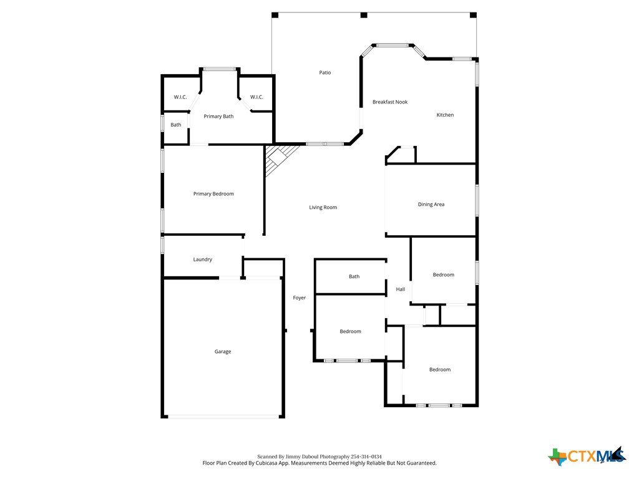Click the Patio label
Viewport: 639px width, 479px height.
pyautogui.click(x=324, y=72)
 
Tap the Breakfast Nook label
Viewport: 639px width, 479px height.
pyautogui.click(x=390, y=102)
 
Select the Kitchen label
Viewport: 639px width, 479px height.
pyautogui.click(x=445, y=115)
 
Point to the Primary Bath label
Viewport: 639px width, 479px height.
pyautogui.click(x=218, y=117)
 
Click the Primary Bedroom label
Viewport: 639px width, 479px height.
pyautogui.click(x=213, y=194)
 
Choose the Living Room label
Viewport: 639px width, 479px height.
pyautogui.click(x=323, y=207)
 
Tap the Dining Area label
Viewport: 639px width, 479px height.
pyautogui.click(x=431, y=205)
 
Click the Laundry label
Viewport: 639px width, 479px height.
pyautogui.click(x=203, y=259)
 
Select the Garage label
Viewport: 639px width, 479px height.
pyautogui.click(x=223, y=352)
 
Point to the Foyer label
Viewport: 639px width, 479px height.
pyautogui.click(x=299, y=298)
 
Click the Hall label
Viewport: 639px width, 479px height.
pyautogui.click(x=401, y=289)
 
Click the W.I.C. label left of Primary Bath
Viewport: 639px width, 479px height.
pyautogui.click(x=180, y=97)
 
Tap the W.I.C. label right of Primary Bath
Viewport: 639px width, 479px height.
pyautogui.click(x=256, y=97)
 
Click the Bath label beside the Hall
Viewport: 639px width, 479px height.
pyautogui.click(x=354, y=276)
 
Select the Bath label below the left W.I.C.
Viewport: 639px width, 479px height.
pyautogui.click(x=175, y=125)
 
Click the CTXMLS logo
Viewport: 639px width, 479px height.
pyautogui.click(x=587, y=456)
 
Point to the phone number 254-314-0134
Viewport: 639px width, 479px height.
pyautogui.click(x=366, y=457)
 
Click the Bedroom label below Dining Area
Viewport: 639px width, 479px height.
pyautogui.click(x=444, y=275)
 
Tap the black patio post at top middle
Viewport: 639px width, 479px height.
pyautogui.click(x=364, y=16)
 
